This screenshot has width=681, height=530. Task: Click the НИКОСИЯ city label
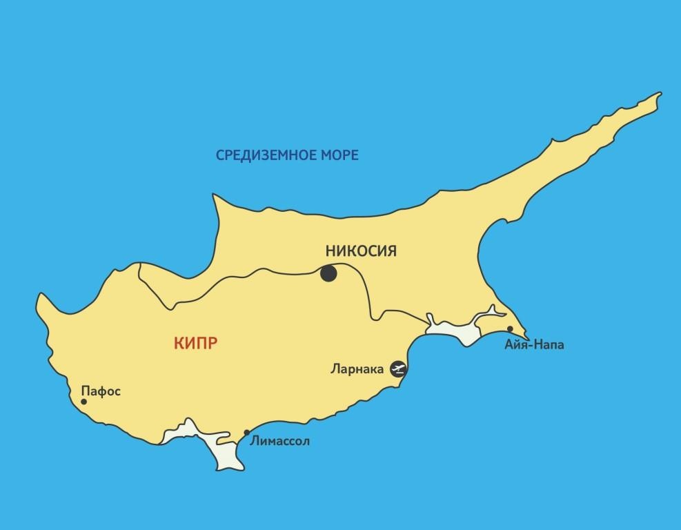360,250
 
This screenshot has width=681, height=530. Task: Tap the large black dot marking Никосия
328,273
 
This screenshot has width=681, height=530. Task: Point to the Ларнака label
357,369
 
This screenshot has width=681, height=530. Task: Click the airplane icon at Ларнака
399,369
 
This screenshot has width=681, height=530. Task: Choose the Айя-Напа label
534,344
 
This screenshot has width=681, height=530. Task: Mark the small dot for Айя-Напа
510,329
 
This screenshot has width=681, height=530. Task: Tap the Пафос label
101,391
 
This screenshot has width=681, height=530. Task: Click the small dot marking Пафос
84,401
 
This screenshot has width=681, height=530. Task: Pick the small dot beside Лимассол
247,433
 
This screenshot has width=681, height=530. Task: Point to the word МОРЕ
340,155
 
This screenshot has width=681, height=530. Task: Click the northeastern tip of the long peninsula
660,93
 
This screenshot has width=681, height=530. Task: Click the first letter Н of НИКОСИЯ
330,250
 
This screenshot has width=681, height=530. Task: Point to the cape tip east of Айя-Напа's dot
529,338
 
